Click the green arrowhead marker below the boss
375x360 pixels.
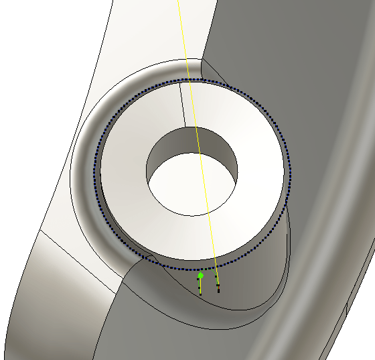(200, 275)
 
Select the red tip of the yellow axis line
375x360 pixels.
(218, 289)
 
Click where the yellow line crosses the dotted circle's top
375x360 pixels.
(190, 80)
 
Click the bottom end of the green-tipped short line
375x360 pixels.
(200, 294)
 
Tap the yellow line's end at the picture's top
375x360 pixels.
(179, 1)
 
